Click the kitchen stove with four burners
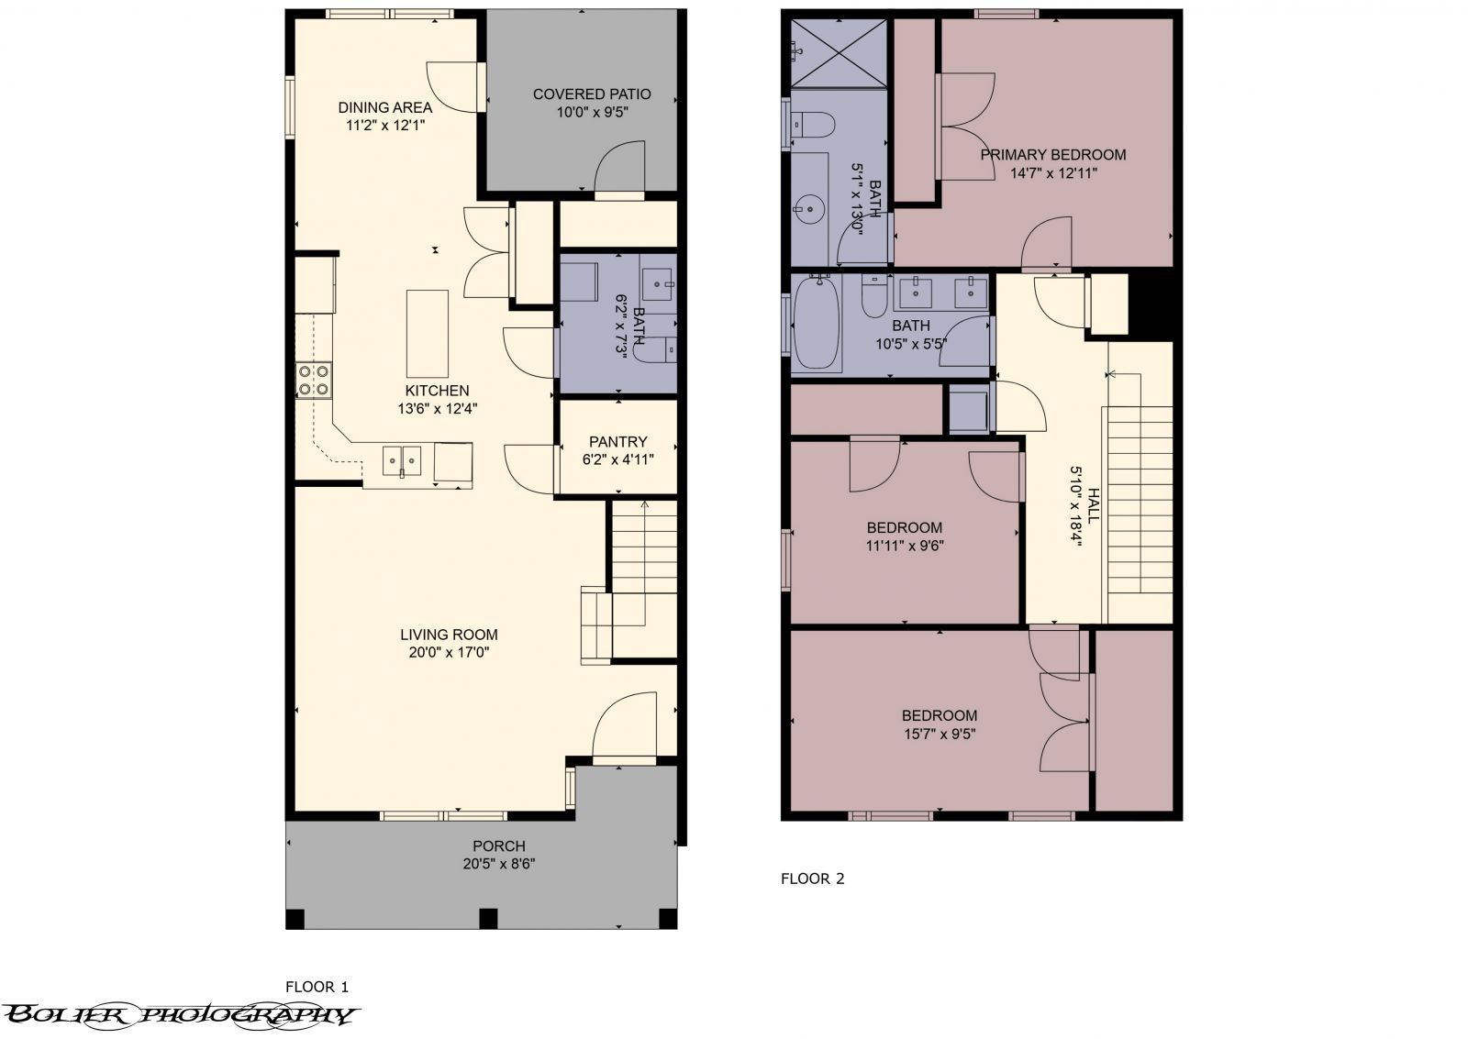[x=313, y=381]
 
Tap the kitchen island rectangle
[x=428, y=333]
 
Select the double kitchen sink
[x=402, y=459]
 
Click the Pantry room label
[x=617, y=441]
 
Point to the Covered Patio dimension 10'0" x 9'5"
[x=592, y=112]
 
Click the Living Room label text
[x=449, y=635]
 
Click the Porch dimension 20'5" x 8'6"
[x=498, y=864]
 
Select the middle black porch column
[x=488, y=918]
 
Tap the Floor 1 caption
[x=317, y=987]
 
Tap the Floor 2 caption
[x=812, y=879]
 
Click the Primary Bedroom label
[x=1052, y=154]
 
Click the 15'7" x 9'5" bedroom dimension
[x=939, y=734]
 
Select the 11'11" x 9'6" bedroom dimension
[x=905, y=546]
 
